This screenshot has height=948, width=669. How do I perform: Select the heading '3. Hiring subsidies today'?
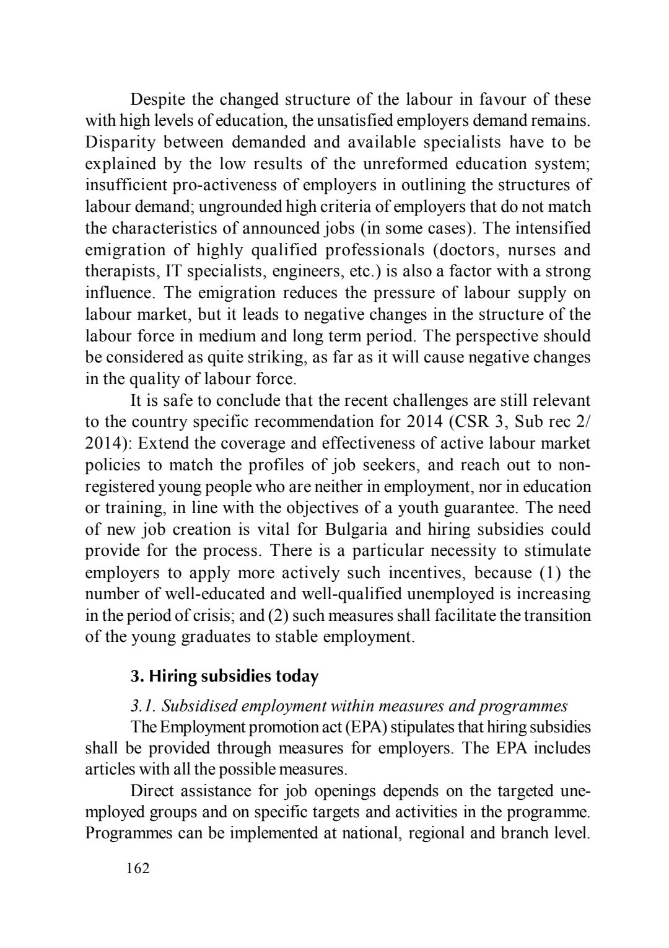tap(224, 676)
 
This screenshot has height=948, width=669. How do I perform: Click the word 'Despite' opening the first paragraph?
tap(155, 99)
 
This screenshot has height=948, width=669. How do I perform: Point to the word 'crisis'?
tap(211, 616)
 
